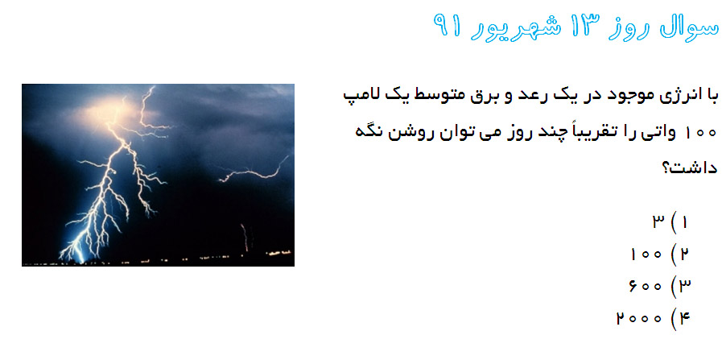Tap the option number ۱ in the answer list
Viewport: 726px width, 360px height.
684,223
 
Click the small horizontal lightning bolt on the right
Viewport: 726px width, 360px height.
254,171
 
